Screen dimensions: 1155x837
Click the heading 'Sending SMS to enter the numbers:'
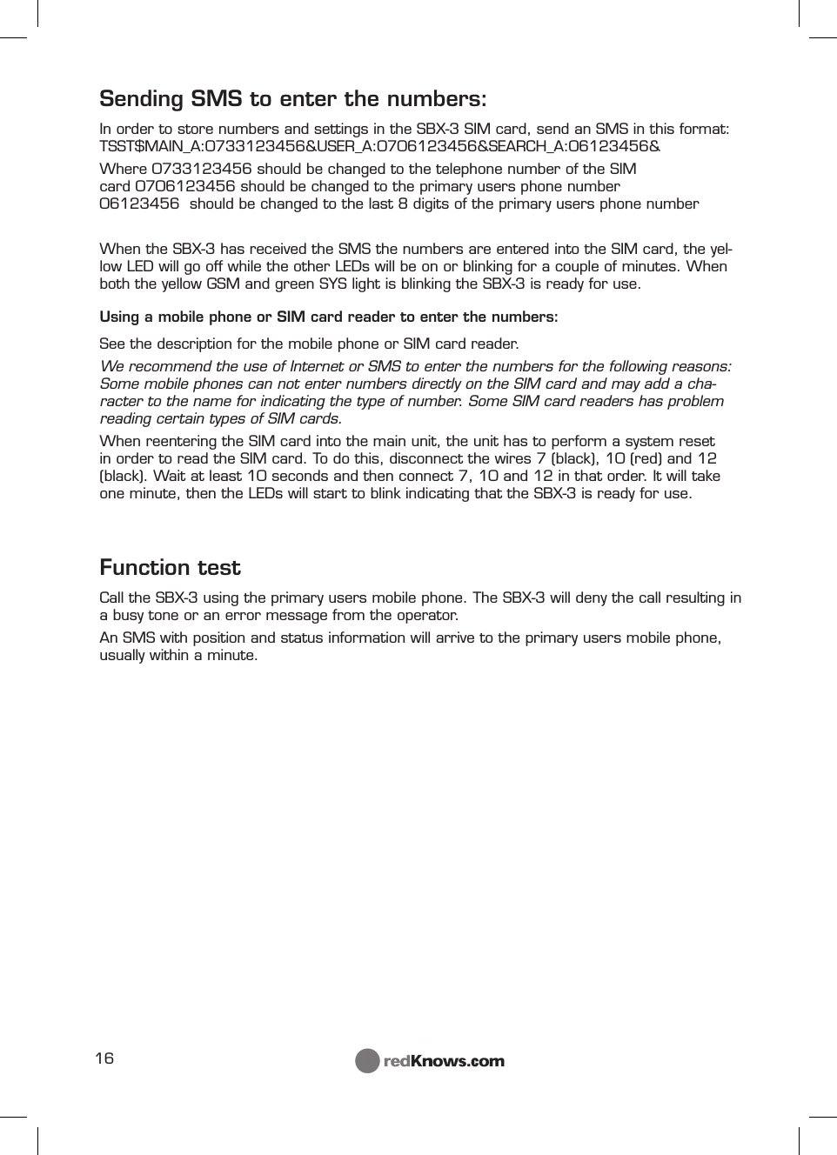292,98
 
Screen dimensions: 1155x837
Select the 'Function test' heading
170,568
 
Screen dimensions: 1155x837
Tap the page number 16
104,1058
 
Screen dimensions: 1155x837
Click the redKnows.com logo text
444,1061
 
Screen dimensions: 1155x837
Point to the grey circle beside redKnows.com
367,1061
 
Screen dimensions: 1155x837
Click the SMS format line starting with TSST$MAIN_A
379,146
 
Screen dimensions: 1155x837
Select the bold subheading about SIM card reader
329,317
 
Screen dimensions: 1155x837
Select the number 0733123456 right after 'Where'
201,169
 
